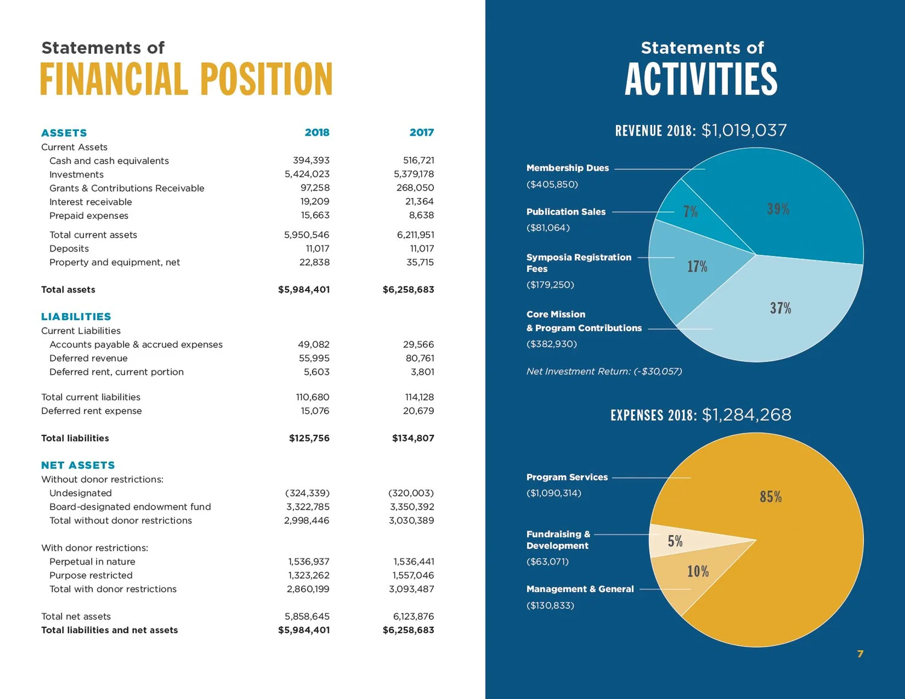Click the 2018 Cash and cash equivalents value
click(311, 160)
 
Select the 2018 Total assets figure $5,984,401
click(303, 289)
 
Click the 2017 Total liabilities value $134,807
click(413, 438)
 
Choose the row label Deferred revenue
click(88, 358)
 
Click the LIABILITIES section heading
click(76, 317)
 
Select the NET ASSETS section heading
click(78, 465)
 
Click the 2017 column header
click(421, 133)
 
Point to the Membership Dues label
click(567, 168)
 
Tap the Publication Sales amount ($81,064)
click(548, 228)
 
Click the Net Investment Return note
click(604, 372)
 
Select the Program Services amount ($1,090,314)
click(553, 493)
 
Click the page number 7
click(860, 654)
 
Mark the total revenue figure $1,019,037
click(744, 130)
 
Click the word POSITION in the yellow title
click(266, 80)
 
